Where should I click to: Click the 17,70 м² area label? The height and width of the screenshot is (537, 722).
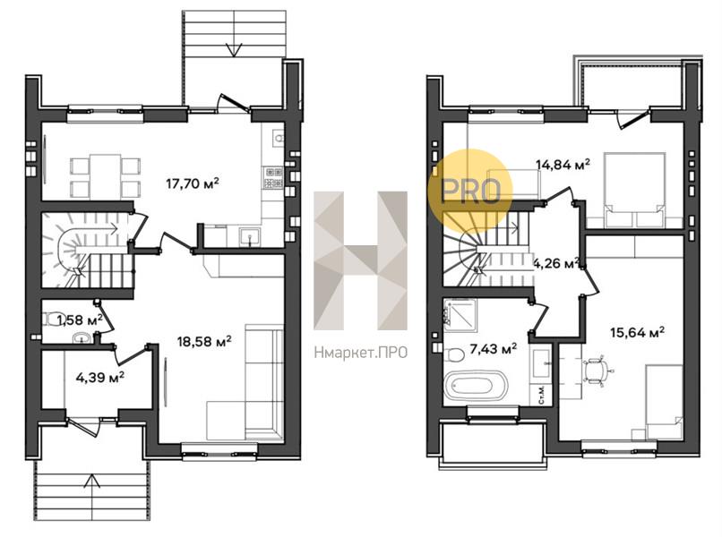click(193, 184)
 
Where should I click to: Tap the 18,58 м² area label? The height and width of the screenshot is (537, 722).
click(205, 341)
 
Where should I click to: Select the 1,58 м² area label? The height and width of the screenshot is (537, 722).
click(79, 319)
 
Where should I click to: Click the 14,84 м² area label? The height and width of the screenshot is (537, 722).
click(563, 165)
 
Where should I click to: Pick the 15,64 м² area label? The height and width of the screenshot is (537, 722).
click(636, 332)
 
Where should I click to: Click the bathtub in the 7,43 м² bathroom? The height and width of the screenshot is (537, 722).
click(475, 387)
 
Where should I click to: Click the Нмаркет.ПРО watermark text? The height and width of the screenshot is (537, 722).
click(361, 352)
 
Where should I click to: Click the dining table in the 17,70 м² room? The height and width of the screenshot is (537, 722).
click(107, 176)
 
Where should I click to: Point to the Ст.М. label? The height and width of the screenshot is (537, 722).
click(544, 394)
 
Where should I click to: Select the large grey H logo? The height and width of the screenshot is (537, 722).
click(360, 260)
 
